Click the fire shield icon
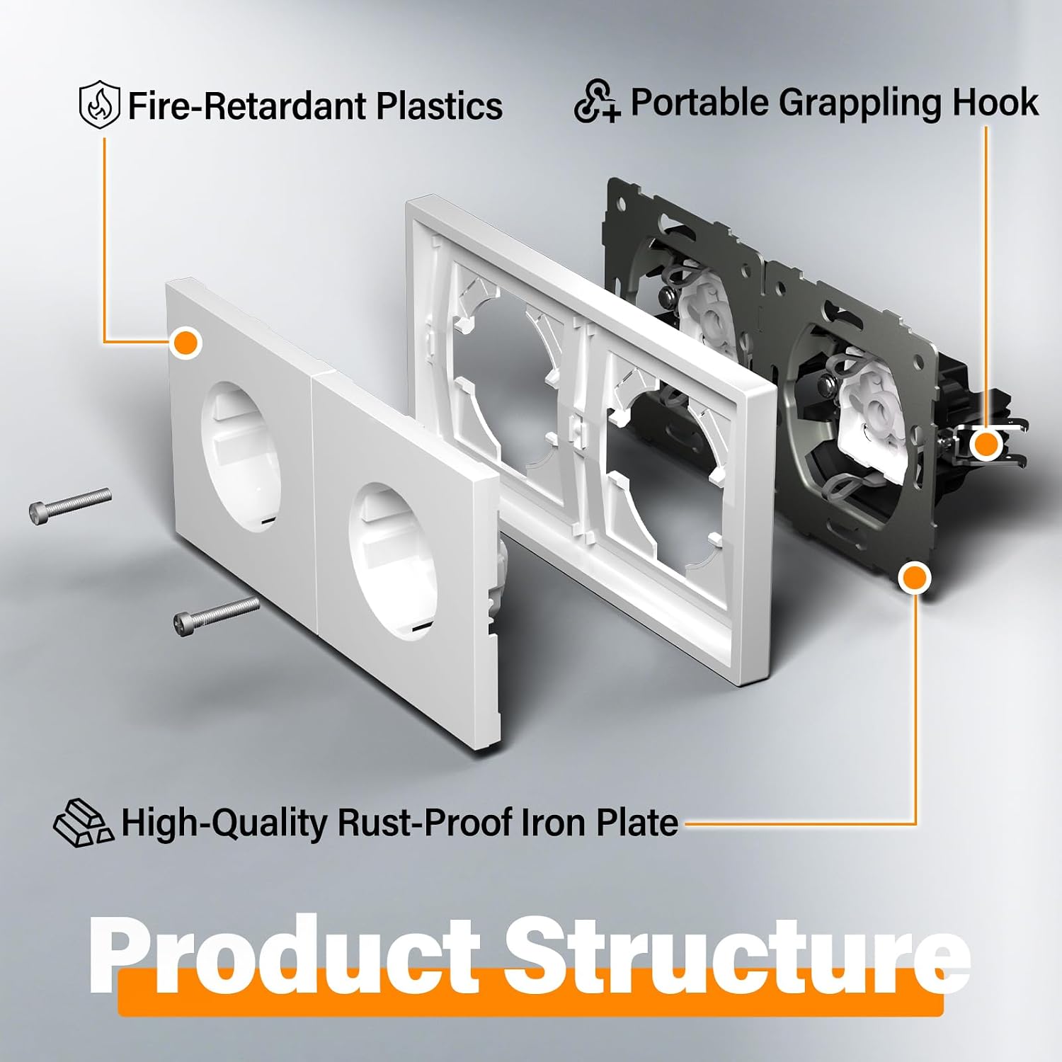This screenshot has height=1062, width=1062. [x=100, y=105]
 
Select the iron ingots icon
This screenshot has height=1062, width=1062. [x=83, y=823]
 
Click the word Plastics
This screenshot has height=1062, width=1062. [x=439, y=105]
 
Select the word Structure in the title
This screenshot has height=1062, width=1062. [x=737, y=956]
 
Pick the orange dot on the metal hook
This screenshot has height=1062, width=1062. [x=985, y=445]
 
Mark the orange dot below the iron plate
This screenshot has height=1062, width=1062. [x=914, y=578]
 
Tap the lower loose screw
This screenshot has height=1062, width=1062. [x=216, y=613]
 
